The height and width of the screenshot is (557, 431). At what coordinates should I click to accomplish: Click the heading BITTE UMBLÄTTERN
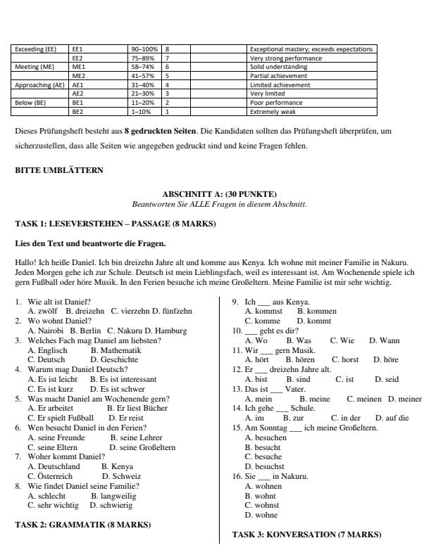click(x=58, y=170)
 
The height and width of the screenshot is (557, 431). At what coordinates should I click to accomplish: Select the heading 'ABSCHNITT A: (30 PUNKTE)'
click(x=219, y=194)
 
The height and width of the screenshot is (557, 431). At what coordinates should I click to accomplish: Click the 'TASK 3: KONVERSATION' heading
click(x=306, y=534)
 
